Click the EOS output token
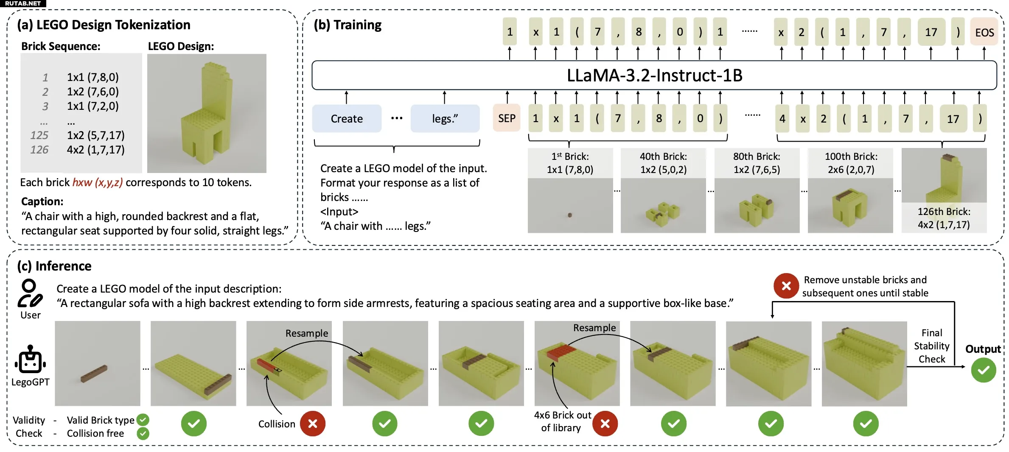984,32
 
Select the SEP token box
507,118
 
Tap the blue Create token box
347,119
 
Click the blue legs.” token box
445,119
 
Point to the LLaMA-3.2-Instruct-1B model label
654,75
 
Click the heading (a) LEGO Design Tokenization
104,25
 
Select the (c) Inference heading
54,266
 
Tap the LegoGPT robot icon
30,359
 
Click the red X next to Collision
313,424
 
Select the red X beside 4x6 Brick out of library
605,424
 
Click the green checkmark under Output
984,370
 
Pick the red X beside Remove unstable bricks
786,286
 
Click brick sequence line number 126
39,150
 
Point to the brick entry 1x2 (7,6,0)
93,92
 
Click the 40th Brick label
663,156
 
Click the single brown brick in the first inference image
94,373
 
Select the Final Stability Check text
932,346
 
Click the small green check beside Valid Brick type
143,420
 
